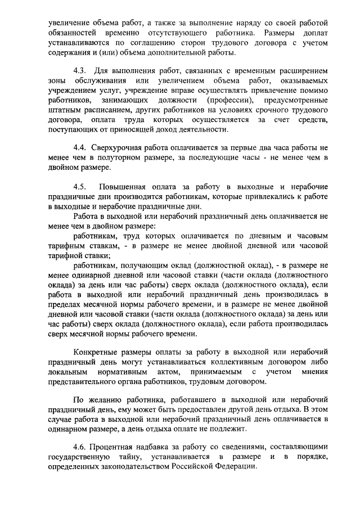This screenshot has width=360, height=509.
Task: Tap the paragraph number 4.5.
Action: pyautogui.click(x=79, y=187)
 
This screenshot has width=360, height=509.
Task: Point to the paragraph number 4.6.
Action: pyautogui.click(x=80, y=446)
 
